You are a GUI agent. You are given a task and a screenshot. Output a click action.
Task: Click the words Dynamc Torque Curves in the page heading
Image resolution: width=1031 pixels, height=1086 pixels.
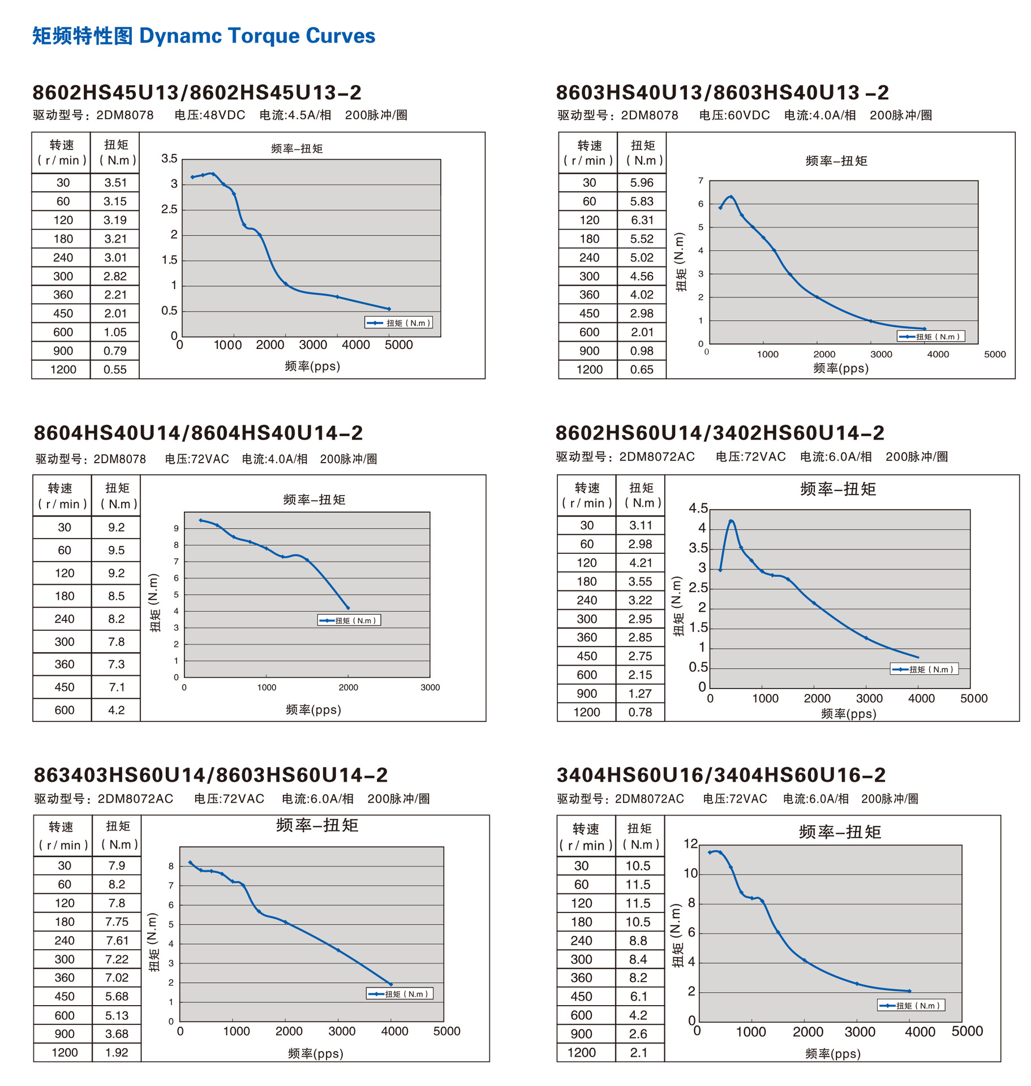click(257, 36)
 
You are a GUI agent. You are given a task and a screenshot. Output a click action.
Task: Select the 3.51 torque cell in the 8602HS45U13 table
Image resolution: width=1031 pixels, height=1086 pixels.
click(115, 183)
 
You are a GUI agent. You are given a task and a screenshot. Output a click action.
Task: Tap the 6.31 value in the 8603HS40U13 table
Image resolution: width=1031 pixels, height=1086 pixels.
click(642, 220)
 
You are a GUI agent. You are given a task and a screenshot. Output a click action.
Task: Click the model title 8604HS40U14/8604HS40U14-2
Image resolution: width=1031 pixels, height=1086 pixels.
click(198, 433)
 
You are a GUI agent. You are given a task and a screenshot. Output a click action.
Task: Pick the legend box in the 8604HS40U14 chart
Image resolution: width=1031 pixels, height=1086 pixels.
click(349, 620)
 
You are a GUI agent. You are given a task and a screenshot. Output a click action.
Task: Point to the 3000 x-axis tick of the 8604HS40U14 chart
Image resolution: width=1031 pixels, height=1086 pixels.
click(430, 688)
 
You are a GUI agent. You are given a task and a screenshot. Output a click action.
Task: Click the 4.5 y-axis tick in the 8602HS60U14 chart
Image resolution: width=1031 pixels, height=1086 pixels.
click(698, 508)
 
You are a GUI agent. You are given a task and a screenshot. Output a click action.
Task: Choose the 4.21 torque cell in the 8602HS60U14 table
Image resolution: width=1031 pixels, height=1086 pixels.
click(641, 563)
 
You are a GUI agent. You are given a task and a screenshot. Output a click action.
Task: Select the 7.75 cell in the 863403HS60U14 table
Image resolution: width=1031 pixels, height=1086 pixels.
click(117, 922)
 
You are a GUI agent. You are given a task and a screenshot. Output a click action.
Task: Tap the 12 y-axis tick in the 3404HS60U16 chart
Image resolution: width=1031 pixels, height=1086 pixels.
click(690, 844)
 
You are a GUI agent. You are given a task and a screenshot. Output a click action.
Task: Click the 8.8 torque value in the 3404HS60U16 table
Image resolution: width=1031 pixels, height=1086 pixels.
click(638, 941)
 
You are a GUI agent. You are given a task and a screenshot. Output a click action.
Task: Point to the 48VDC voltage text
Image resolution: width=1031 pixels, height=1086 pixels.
click(224, 115)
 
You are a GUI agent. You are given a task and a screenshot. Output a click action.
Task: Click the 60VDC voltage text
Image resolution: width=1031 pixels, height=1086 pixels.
click(749, 115)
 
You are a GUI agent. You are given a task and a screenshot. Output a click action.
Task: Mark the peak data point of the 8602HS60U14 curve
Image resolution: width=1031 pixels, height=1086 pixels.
click(731, 521)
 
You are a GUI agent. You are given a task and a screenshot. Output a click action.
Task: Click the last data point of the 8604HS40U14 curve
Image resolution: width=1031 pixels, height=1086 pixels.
click(348, 608)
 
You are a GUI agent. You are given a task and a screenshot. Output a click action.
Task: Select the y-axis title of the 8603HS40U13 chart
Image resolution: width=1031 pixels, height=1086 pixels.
click(681, 262)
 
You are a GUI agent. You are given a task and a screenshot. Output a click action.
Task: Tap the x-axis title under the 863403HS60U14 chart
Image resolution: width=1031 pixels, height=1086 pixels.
click(315, 1053)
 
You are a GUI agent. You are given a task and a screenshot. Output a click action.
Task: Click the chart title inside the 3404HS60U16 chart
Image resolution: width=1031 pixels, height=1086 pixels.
click(840, 832)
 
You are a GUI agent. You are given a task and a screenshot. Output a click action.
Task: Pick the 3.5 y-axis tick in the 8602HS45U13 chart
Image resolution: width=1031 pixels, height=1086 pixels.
click(169, 159)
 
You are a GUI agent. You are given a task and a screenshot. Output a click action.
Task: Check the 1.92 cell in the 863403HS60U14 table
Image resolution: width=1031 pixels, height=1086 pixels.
click(117, 1053)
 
